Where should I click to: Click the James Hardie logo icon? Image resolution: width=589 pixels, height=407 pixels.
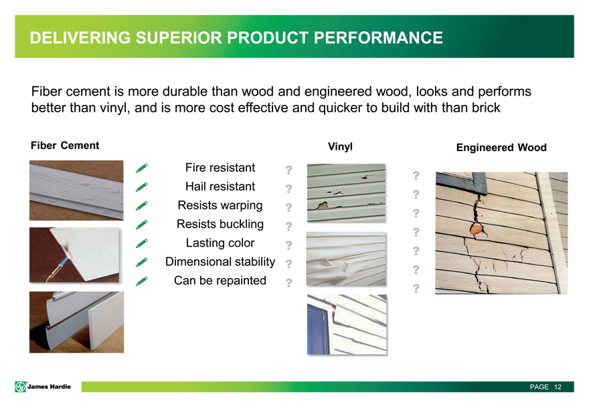pyautogui.click(x=20, y=387)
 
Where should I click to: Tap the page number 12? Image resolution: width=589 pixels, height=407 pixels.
pyautogui.click(x=558, y=387)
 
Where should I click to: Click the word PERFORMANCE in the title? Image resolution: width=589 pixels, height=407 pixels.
pyautogui.click(x=378, y=38)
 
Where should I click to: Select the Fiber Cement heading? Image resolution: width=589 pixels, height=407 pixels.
pyautogui.click(x=65, y=146)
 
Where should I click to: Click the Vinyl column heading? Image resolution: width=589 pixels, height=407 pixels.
pyautogui.click(x=340, y=146)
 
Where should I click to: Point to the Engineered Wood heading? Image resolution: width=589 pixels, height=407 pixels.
pyautogui.click(x=501, y=148)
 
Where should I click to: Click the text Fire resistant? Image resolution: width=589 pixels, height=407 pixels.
pyautogui.click(x=220, y=167)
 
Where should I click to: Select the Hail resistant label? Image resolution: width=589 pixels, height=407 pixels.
pyautogui.click(x=220, y=186)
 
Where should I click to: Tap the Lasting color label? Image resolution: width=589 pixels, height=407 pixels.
pyautogui.click(x=220, y=243)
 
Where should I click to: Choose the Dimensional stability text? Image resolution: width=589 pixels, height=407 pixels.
pyautogui.click(x=220, y=261)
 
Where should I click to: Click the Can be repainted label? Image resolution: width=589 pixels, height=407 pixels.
pyautogui.click(x=220, y=280)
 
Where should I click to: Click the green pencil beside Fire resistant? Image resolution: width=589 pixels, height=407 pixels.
pyautogui.click(x=142, y=168)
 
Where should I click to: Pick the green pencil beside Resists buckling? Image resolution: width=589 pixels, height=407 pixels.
pyautogui.click(x=142, y=225)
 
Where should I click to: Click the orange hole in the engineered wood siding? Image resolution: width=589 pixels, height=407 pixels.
pyautogui.click(x=477, y=229)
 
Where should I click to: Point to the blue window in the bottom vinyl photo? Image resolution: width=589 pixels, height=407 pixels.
pyautogui.click(x=318, y=329)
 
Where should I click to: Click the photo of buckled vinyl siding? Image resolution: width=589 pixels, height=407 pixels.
pyautogui.click(x=346, y=259)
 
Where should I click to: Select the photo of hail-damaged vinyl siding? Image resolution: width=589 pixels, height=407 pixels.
pyautogui.click(x=346, y=193)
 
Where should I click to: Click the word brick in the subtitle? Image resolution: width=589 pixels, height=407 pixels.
pyautogui.click(x=486, y=108)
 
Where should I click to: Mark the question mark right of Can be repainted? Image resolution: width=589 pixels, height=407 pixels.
pyautogui.click(x=288, y=283)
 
